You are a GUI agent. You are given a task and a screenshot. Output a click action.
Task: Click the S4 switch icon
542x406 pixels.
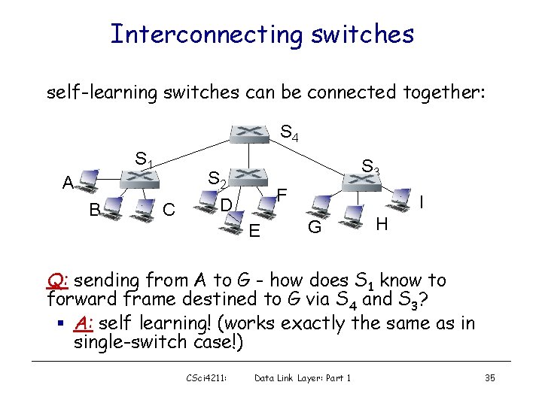click(x=249, y=133)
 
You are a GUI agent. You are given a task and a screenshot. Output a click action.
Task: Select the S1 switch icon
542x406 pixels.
click(x=141, y=177)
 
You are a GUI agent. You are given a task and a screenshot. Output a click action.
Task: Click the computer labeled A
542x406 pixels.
click(x=87, y=179)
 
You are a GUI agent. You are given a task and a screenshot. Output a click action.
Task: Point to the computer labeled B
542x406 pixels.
click(x=112, y=208)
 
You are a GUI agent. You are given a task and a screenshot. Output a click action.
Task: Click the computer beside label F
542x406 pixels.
click(x=263, y=200)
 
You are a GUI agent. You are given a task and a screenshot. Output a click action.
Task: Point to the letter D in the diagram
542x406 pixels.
click(x=225, y=205)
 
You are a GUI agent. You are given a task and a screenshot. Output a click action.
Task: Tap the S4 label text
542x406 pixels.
click(x=289, y=135)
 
